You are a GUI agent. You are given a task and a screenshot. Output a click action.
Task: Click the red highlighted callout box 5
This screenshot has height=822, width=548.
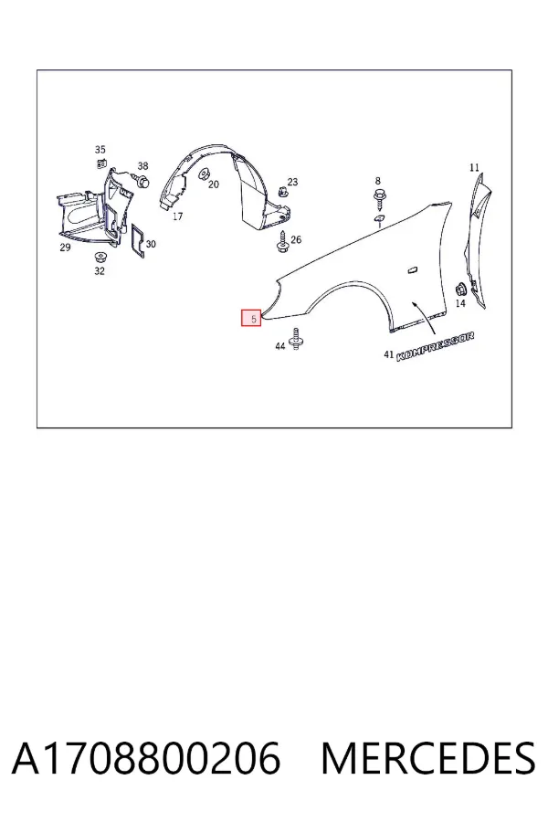click(251, 318)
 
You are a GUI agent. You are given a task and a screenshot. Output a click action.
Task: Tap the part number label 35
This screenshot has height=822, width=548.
click(100, 150)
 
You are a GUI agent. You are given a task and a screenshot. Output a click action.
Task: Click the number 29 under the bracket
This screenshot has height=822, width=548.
click(65, 247)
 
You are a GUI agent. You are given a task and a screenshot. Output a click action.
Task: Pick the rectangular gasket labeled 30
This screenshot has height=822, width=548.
click(138, 242)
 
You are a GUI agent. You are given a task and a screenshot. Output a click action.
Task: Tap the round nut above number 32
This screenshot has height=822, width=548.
click(99, 258)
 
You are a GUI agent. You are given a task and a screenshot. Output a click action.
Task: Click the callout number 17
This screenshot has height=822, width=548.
click(177, 216)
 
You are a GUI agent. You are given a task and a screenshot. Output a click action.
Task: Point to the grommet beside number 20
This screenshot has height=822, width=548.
click(203, 174)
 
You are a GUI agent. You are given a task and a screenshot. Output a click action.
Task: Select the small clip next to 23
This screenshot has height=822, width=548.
click(282, 191)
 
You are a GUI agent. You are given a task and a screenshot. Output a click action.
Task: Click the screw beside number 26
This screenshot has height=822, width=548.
click(282, 240)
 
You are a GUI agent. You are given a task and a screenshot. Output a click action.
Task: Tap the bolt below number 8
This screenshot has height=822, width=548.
click(379, 199)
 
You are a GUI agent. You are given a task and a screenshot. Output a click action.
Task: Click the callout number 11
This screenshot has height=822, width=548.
click(474, 168)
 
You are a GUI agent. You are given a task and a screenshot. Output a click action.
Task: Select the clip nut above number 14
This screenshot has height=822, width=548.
click(460, 290)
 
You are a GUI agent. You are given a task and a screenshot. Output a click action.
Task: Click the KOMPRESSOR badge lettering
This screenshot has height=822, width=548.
click(436, 347)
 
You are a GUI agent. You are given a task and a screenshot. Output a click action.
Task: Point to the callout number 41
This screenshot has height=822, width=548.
click(388, 355)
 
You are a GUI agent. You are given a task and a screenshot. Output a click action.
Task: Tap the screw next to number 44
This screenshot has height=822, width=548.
click(296, 339)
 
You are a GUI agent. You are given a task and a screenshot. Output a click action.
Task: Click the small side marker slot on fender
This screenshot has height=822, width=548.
click(412, 270)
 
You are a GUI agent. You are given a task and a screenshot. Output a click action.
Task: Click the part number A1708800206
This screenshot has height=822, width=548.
click(146, 759)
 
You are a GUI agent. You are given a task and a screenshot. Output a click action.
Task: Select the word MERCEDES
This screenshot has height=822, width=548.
click(428, 759)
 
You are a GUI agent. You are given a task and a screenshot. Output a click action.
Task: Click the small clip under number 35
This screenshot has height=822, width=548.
click(100, 163)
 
